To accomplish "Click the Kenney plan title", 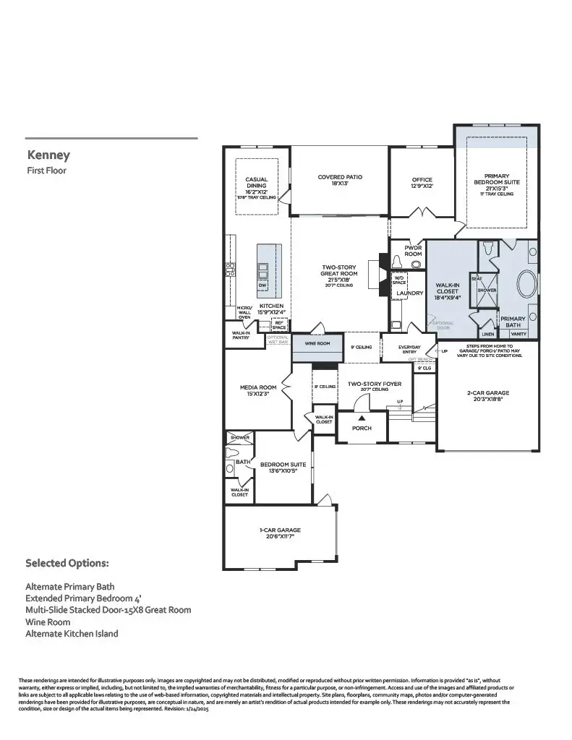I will (48, 155).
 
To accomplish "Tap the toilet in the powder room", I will (415, 264).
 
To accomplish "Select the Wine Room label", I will (317, 344).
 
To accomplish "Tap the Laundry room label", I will (409, 293).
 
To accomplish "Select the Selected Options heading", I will (67, 562).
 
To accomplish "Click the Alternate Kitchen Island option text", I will (72, 633).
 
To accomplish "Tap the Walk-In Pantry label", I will (241, 335).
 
